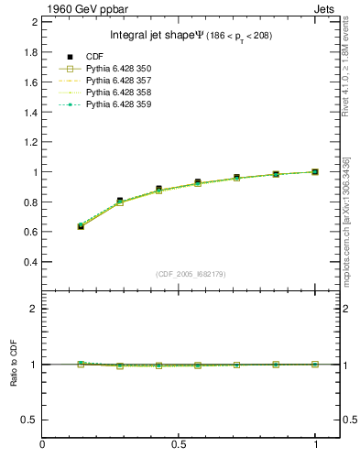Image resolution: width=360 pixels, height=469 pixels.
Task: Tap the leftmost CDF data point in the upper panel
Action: point(81,225)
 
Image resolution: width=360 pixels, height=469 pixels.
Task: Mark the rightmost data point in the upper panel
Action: point(316,171)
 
